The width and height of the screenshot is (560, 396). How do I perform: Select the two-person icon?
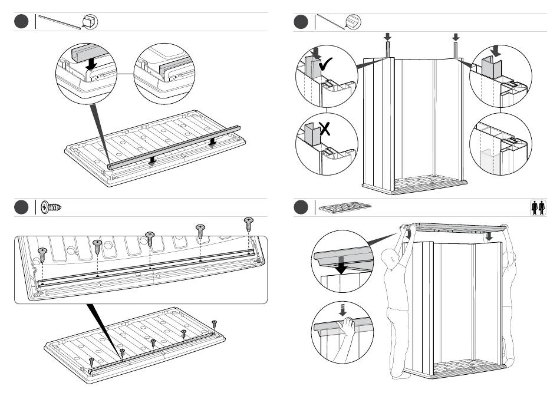(538, 208)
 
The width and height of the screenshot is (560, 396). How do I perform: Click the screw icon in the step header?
(52, 207)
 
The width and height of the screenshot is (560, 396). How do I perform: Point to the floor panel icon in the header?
(345, 208)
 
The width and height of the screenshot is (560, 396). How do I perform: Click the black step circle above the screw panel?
(22, 207)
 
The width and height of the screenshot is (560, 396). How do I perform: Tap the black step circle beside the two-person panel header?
(301, 207)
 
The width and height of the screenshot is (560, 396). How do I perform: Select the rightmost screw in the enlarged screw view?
(249, 222)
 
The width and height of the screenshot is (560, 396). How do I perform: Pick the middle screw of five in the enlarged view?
(150, 237)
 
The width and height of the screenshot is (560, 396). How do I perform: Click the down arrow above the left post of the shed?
(387, 37)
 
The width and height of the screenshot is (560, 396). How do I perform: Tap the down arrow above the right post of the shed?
(456, 37)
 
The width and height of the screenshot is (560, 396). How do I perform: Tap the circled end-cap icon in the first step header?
(90, 22)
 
